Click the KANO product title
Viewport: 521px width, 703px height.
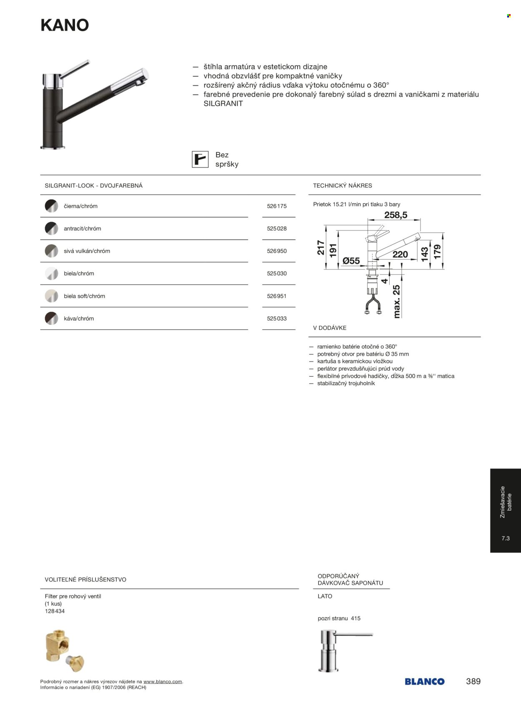[x=65, y=25]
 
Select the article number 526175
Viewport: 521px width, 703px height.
[x=277, y=206]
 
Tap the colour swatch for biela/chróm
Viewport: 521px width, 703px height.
[x=51, y=274]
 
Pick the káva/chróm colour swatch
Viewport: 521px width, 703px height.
[x=51, y=319]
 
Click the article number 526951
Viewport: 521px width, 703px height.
[x=277, y=296]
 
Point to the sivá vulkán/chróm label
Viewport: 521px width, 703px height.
[x=87, y=251]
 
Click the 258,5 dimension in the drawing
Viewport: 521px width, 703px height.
[x=396, y=215]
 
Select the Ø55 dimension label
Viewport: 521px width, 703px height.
[x=351, y=261]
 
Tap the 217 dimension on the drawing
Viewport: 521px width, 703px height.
[x=321, y=247]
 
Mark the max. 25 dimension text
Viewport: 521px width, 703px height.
[x=396, y=302]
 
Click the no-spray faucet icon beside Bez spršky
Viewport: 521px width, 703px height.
[x=200, y=160]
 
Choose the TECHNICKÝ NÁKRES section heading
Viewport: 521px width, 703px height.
[x=343, y=186]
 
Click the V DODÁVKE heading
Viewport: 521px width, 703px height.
[x=330, y=328]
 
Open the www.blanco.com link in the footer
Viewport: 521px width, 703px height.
[x=163, y=682]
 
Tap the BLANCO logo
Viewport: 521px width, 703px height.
[x=424, y=682]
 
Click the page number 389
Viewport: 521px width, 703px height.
[x=473, y=681]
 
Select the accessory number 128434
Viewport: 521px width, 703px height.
[x=55, y=611]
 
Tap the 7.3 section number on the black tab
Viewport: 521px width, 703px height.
[x=506, y=538]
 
